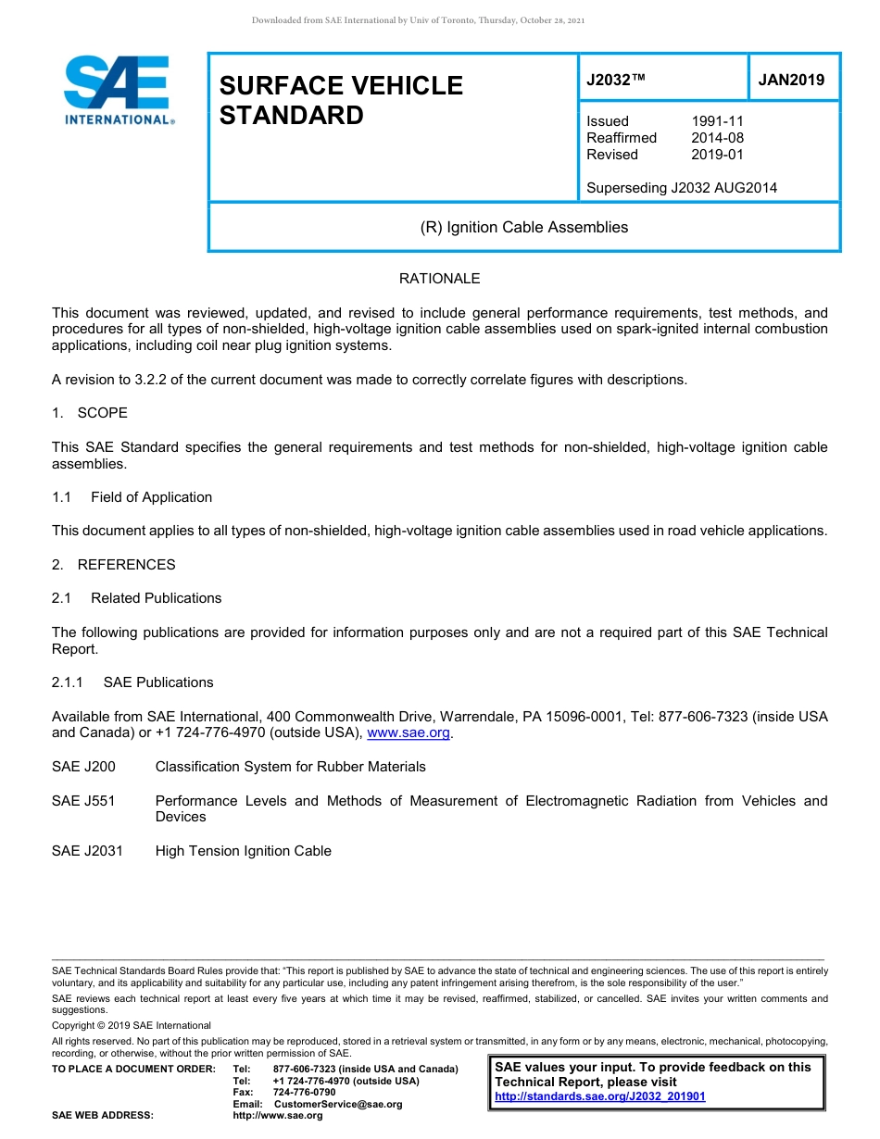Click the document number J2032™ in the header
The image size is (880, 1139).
coord(615,80)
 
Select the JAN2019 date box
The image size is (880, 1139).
coord(791,80)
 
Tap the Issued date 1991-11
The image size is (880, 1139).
coord(717,121)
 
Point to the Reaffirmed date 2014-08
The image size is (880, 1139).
coord(717,138)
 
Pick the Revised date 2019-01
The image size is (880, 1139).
coord(717,155)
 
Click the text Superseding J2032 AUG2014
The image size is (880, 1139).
coord(682,188)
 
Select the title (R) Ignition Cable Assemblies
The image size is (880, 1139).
coord(523,227)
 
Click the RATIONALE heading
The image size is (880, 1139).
coord(439,279)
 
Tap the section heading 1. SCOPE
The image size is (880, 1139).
coord(90,413)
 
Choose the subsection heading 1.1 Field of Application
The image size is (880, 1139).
coord(132,497)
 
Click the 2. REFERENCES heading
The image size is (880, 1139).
coord(113,565)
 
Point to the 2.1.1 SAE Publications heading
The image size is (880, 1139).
coord(132,682)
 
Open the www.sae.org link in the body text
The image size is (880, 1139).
coord(409,733)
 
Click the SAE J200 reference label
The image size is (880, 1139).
coord(83,767)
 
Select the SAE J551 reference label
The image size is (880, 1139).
coord(83,801)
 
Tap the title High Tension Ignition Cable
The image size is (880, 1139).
coord(243,851)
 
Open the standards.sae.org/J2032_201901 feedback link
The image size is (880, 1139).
coord(600,1097)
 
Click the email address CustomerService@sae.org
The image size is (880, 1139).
coord(338,1104)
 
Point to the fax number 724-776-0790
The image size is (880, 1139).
coord(304,1093)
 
